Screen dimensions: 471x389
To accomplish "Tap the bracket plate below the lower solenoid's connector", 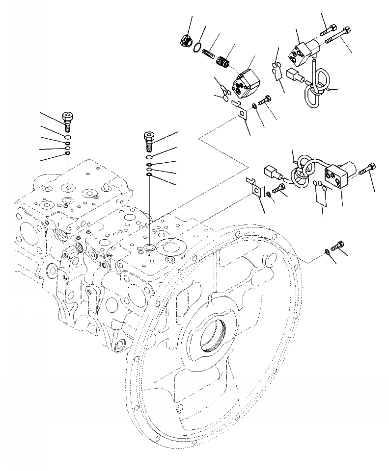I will tap(255, 188).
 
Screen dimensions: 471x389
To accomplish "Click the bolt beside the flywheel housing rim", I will tap(339, 245).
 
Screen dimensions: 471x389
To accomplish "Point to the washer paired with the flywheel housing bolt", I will tap(327, 252).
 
